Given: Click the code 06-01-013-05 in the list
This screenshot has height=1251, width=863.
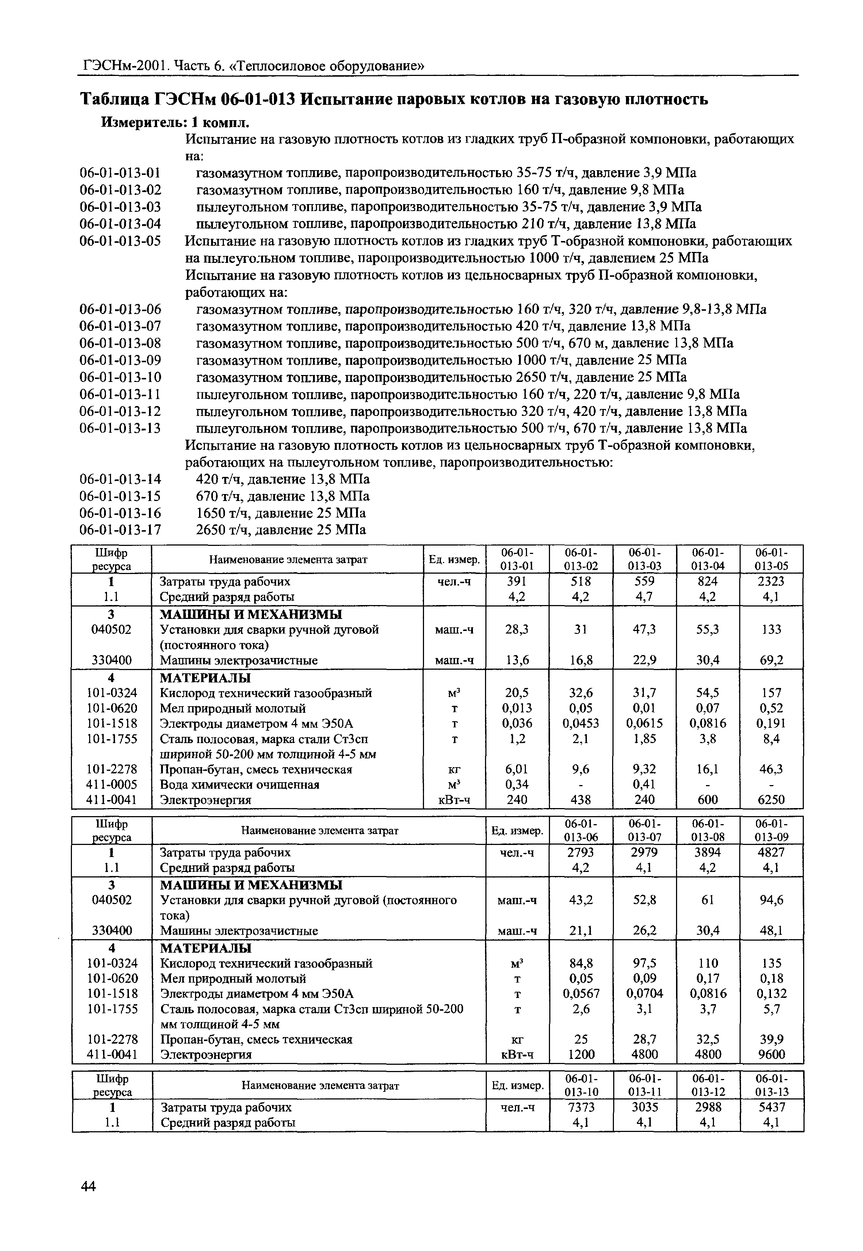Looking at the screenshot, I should click(120, 241).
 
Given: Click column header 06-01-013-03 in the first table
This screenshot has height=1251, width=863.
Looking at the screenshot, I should click(645, 559).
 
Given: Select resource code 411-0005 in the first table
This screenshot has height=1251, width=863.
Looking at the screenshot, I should click(112, 784).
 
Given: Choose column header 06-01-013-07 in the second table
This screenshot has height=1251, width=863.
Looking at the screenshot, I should click(645, 830).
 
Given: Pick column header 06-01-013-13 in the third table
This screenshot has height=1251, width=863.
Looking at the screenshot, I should click(772, 1085).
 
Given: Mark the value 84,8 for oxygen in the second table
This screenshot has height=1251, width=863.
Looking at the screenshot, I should click(581, 963).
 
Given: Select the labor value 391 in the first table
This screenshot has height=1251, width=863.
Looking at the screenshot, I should click(518, 581).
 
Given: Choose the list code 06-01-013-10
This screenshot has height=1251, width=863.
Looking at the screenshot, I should click(120, 377).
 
